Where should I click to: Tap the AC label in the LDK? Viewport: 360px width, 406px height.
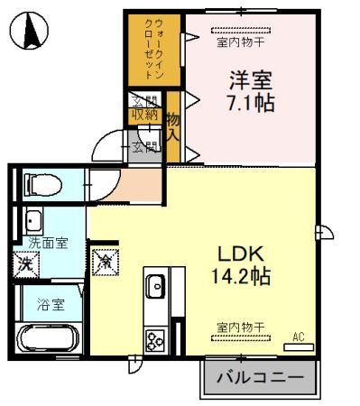(299, 337)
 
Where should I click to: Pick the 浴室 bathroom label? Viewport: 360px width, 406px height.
(49, 305)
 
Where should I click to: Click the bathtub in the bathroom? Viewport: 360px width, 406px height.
(51, 340)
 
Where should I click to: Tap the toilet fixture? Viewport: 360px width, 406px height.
(42, 185)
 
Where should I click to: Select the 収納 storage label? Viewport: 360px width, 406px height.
(144, 115)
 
